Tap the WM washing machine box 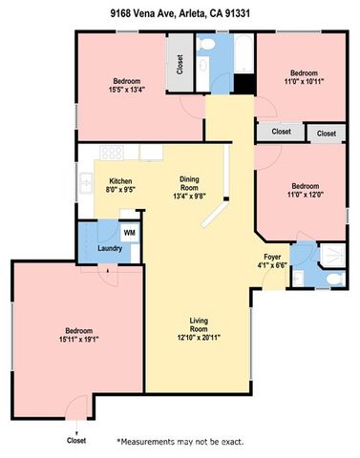(x=129, y=232)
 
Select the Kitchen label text (x=120, y=181)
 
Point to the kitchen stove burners (x=112, y=151)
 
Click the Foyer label (x=271, y=259)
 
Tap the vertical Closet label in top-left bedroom (x=180, y=64)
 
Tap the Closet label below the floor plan (x=76, y=440)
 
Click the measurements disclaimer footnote (x=180, y=442)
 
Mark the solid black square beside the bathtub (x=244, y=85)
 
